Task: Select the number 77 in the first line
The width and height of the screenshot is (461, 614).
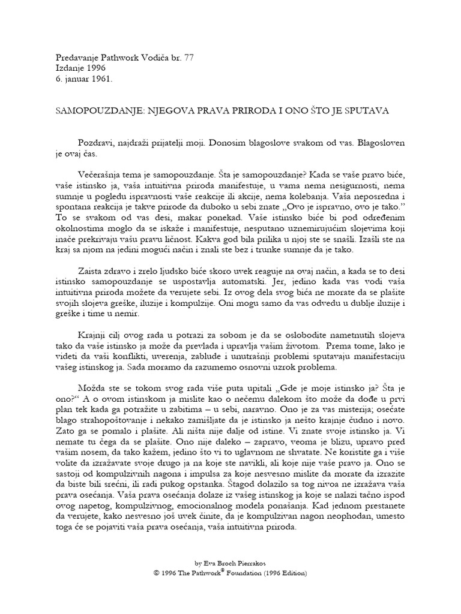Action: click(188, 58)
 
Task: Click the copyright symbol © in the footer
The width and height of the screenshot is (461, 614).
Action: click(157, 573)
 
